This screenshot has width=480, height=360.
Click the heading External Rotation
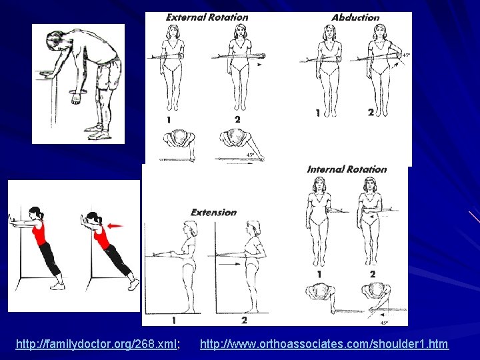[x=207, y=17]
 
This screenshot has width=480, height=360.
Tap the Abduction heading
[x=355, y=17]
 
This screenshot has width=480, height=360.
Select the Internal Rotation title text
[x=347, y=169]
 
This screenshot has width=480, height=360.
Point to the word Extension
[x=213, y=212]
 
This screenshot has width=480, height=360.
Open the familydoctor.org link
[x=97, y=344]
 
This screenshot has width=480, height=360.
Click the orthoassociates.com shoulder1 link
[x=324, y=344]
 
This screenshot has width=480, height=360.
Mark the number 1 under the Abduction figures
[x=318, y=113]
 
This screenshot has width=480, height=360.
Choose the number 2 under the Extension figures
[x=244, y=321]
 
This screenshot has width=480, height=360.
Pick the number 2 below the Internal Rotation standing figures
[x=372, y=273]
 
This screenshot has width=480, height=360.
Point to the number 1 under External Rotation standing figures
[x=169, y=119]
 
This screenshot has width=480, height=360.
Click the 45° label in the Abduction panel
[x=406, y=55]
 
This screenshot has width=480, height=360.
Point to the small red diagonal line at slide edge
[x=473, y=217]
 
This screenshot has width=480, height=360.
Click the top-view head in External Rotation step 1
[x=179, y=139]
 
